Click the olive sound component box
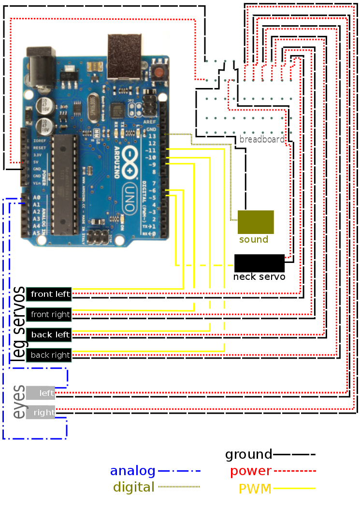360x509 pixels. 256,222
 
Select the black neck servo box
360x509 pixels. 259,263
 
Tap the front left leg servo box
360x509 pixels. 49,293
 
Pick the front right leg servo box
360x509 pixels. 49,314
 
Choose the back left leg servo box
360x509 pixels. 49,334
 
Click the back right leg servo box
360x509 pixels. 49,355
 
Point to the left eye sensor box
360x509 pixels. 41,393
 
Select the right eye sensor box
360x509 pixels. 41,413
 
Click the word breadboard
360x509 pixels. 262,139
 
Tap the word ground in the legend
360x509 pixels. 248,454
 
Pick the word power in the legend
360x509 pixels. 250,471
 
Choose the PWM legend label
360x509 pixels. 256,489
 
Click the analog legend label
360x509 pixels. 132,471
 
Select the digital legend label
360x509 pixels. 133,487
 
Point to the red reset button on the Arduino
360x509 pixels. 159,73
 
